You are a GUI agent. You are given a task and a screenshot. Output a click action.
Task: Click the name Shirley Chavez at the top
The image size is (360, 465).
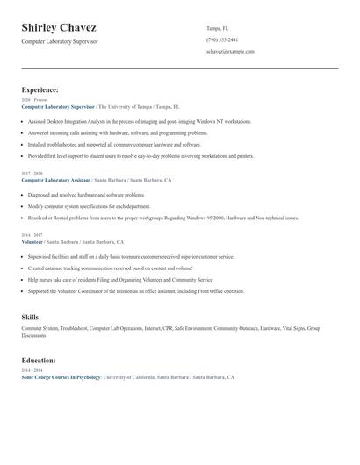tap(59, 27)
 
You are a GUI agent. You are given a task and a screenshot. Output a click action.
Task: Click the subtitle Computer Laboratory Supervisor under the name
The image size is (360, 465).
tap(60, 41)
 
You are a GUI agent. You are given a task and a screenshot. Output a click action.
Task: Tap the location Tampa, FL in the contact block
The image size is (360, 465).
tap(218, 28)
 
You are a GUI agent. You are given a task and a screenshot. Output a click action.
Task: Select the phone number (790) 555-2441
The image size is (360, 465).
tap(221, 39)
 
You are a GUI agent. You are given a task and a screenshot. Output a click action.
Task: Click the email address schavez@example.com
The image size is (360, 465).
tap(230, 52)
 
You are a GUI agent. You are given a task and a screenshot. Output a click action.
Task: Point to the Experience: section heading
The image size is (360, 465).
tap(40, 89)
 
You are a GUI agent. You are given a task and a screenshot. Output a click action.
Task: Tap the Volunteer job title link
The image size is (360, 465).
tap(32, 241)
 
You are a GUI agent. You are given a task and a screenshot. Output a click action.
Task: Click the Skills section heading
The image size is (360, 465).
tap(30, 316)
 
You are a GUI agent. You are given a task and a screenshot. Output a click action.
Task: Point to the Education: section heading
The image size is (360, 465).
tap(39, 360)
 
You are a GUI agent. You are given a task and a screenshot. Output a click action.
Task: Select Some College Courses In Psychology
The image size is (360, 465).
tap(61, 376)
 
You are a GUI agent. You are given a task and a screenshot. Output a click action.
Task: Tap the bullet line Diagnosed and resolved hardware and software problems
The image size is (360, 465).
tap(86, 195)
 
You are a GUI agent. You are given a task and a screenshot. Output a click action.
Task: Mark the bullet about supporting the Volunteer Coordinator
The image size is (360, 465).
tap(136, 290)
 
